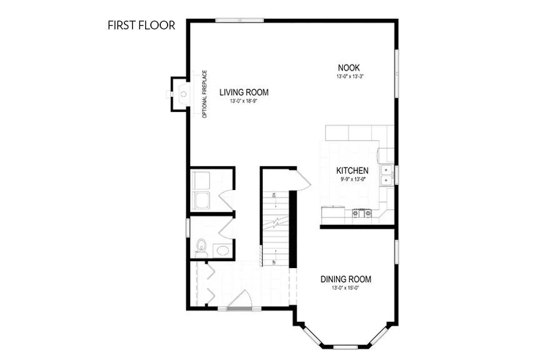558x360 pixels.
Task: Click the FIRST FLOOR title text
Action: click(x=141, y=26)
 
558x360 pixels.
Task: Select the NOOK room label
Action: click(x=349, y=67)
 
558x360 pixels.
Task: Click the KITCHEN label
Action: click(x=352, y=171)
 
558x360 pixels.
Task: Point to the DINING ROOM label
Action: click(x=346, y=279)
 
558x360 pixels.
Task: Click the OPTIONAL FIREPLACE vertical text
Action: click(x=205, y=94)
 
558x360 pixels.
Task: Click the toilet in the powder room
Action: click(x=200, y=247)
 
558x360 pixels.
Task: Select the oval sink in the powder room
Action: click(x=221, y=251)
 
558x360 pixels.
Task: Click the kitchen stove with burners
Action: click(x=362, y=213)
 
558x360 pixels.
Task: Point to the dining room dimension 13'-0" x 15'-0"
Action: click(x=346, y=288)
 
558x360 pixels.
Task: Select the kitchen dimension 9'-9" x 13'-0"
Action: click(x=352, y=179)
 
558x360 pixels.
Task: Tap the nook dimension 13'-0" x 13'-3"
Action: click(x=349, y=76)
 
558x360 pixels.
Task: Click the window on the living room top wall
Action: click(x=239, y=20)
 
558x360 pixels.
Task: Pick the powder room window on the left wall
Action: click(x=188, y=227)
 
